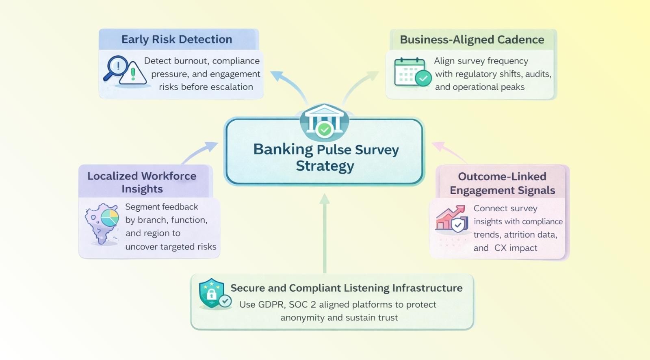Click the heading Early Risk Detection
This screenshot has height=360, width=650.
pyautogui.click(x=177, y=39)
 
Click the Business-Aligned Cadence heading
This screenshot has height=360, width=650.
pyautogui.click(x=472, y=40)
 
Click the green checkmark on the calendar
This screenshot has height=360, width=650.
pyautogui.click(x=423, y=78)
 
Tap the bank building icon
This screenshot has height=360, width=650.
pyautogui.click(x=324, y=121)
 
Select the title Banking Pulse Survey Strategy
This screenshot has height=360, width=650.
pyautogui.click(x=325, y=158)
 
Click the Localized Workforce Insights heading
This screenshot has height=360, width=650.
pyautogui.click(x=142, y=182)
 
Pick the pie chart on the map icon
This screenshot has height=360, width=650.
pyautogui.click(x=109, y=218)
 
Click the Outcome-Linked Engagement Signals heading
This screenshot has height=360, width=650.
pyautogui.click(x=502, y=183)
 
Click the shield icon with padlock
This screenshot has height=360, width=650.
pyautogui.click(x=211, y=293)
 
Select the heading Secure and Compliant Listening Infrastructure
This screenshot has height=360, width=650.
pyautogui.click(x=346, y=288)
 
